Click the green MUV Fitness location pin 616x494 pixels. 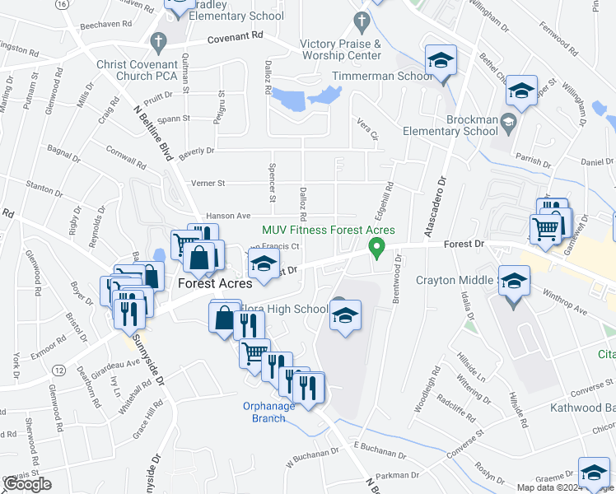(x=377, y=246)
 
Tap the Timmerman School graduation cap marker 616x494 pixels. (x=441, y=62)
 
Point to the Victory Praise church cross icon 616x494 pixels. (x=360, y=20)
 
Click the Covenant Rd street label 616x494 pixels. (x=235, y=37)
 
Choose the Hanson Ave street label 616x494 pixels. (x=227, y=216)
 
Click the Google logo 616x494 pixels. (x=26, y=484)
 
